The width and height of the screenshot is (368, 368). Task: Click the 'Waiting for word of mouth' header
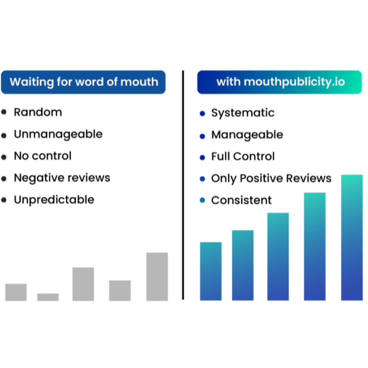(x=83, y=82)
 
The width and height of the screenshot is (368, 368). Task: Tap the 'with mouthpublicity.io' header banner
(x=279, y=82)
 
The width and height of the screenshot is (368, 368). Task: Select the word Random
(x=38, y=112)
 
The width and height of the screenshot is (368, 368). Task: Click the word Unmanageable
(x=58, y=135)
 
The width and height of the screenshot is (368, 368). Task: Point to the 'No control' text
(x=43, y=156)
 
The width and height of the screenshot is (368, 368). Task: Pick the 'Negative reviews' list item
(x=62, y=178)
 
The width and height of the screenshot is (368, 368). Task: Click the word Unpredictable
(x=54, y=200)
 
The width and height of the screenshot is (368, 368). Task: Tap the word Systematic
(x=243, y=113)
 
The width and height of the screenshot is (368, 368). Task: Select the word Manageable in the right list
(x=247, y=135)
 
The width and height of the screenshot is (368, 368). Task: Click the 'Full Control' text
(x=243, y=156)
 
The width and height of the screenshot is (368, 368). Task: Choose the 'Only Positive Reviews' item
(x=271, y=178)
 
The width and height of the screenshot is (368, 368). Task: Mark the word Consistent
(x=242, y=200)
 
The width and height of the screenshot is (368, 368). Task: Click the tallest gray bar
(x=157, y=277)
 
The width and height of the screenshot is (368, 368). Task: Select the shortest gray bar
(x=48, y=297)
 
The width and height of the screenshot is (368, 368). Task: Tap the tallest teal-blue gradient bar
(x=352, y=237)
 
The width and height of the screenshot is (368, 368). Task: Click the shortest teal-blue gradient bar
(x=211, y=271)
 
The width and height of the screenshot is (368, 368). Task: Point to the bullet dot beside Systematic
(x=202, y=113)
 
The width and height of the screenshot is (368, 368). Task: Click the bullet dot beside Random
(x=4, y=112)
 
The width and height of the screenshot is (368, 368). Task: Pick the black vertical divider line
(x=183, y=185)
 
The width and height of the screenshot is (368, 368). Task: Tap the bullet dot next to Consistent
(x=202, y=200)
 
